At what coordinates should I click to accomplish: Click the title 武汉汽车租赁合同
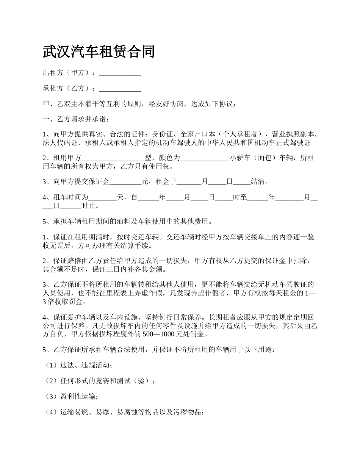[x=99, y=52]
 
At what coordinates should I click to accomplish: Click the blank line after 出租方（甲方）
[x=120, y=73]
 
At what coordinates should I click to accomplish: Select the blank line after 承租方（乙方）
[x=120, y=89]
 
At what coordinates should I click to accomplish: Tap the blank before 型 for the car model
[x=113, y=158]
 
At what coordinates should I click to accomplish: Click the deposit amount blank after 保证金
[x=125, y=182]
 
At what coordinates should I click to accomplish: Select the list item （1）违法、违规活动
[x=78, y=366]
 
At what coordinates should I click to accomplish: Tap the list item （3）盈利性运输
[x=72, y=397]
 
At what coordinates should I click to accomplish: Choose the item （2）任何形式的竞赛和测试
[x=99, y=381]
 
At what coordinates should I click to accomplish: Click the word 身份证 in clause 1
[x=162, y=134]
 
